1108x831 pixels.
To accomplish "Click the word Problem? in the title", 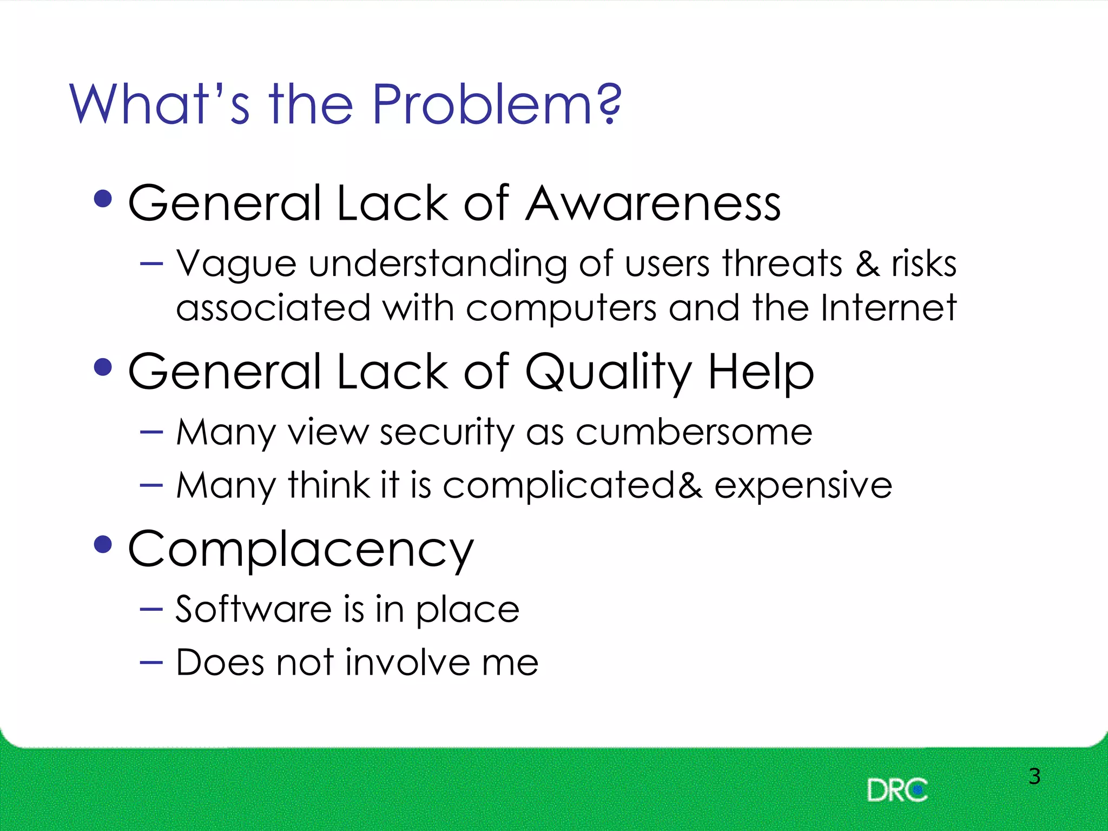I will click(497, 104).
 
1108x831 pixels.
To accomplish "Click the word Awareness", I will click(653, 203).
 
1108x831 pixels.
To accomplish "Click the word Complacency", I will click(301, 550).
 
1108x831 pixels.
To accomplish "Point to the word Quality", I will click(609, 372).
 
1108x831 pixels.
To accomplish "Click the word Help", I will click(761, 372).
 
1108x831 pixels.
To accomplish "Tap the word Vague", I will click(236, 264).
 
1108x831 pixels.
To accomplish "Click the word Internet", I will click(888, 308).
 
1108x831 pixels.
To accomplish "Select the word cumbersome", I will click(694, 432).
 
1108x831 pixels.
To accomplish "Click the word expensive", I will click(803, 485).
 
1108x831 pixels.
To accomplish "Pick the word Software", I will click(253, 609).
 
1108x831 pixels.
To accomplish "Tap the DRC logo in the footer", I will click(897, 790).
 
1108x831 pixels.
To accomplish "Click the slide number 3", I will click(1034, 776).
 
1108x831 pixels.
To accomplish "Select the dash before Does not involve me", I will click(151, 662).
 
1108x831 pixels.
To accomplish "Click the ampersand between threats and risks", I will click(867, 264).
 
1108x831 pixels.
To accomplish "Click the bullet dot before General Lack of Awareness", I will click(103, 199).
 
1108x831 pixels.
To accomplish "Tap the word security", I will click(447, 432).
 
